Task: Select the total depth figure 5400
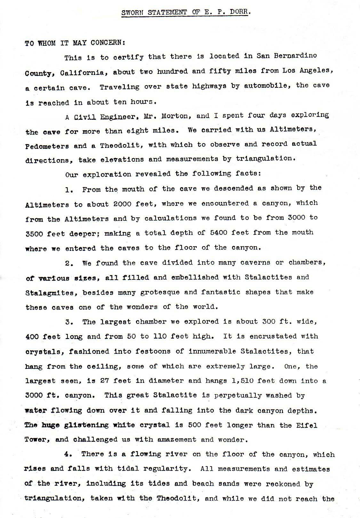[214, 232]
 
